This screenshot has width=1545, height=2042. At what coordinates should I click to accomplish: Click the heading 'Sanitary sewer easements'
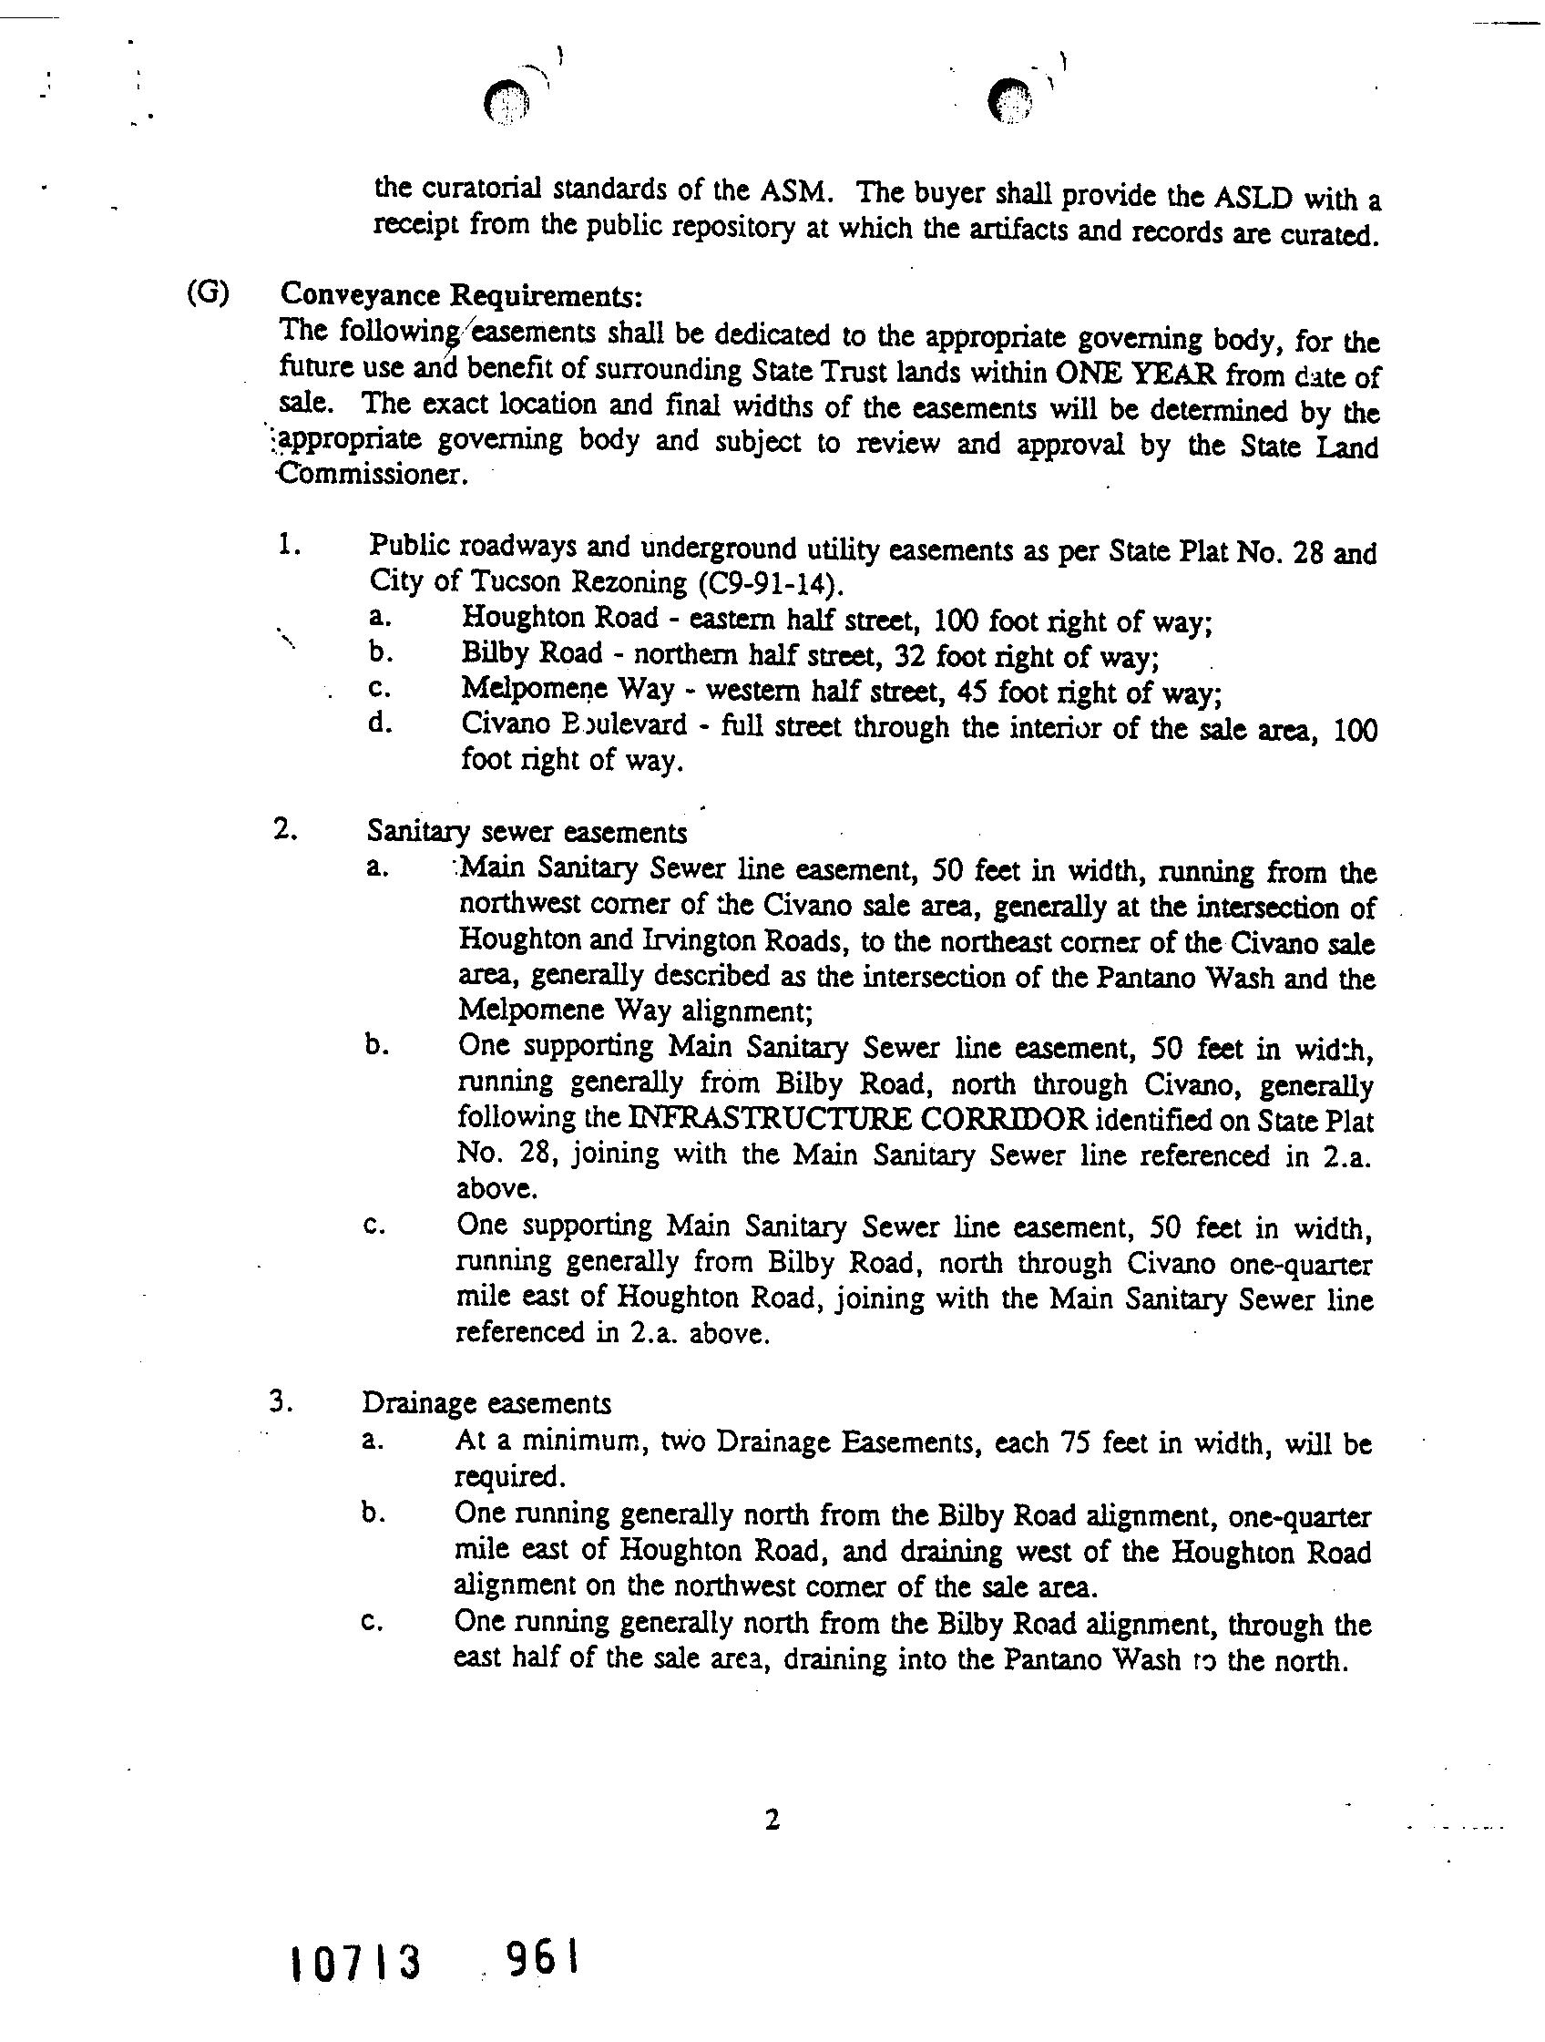pyautogui.click(x=527, y=833)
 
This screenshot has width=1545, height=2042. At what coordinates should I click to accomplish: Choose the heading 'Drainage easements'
pyautogui.click(x=486, y=1403)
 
